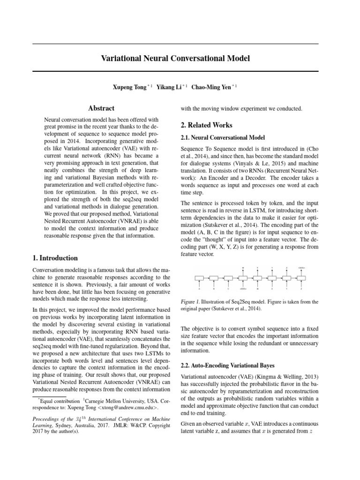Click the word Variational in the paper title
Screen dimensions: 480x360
click(121, 59)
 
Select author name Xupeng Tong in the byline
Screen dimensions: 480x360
click(130, 87)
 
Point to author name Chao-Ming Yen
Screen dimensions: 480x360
click(211, 87)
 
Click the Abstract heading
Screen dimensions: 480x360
click(102, 108)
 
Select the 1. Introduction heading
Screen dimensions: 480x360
click(55, 258)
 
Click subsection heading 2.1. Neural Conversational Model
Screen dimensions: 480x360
click(217, 137)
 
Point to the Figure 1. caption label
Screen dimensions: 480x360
click(191, 302)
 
